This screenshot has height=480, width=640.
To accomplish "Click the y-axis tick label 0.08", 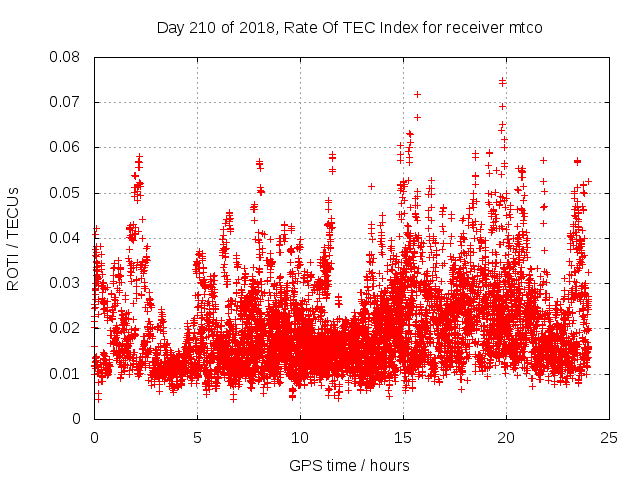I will click(x=68, y=57).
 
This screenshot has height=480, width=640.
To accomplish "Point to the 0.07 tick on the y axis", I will click(x=68, y=102).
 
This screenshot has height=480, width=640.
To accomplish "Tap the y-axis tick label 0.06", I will click(x=68, y=147).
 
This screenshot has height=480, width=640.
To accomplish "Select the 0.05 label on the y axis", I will click(x=68, y=192).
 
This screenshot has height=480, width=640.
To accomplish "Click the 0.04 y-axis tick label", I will click(x=68, y=238).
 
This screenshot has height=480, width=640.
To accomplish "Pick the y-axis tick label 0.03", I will click(x=68, y=283).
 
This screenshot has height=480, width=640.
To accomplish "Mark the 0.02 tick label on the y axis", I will click(x=68, y=328).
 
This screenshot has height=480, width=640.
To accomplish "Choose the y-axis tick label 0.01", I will click(x=68, y=373).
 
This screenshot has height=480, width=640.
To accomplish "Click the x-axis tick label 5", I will click(x=197, y=437).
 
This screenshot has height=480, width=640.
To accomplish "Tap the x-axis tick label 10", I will click(x=300, y=437).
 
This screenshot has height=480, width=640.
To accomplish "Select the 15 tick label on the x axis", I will click(x=403, y=437).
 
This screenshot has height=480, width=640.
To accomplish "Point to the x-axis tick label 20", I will click(x=506, y=437).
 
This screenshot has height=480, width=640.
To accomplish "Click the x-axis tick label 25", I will click(x=609, y=437).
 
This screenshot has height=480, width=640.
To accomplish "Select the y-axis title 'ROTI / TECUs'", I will click(x=14, y=238).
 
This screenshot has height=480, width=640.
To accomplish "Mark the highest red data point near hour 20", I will click(x=502, y=82).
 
